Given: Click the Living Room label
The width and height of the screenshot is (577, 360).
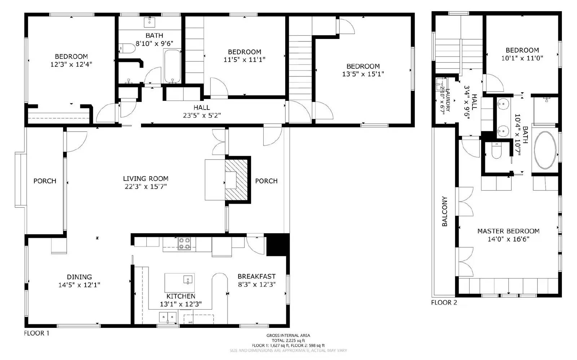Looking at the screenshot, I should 145,179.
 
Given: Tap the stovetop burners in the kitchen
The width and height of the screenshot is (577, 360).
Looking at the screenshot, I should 184,244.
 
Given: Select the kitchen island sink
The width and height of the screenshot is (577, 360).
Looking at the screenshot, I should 188,280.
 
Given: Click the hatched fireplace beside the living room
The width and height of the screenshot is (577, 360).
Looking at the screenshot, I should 237,179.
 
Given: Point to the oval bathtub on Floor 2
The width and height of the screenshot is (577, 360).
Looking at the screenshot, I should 545,150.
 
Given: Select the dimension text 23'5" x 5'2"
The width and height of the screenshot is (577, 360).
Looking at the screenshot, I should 202,115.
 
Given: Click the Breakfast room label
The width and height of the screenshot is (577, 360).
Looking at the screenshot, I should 256,276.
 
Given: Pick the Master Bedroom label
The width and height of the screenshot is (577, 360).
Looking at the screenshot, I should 508,231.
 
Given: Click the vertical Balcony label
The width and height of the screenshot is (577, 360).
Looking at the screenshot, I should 444,211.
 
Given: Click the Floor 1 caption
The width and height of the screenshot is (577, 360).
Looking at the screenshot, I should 36,333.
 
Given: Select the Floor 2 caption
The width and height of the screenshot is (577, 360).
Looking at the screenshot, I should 444,302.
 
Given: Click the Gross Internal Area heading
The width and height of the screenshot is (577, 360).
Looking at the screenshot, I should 288,335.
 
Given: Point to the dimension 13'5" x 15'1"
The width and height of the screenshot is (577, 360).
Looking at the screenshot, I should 363,74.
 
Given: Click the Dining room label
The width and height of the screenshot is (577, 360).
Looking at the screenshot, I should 79,277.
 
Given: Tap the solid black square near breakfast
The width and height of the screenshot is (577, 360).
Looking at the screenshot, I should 278,245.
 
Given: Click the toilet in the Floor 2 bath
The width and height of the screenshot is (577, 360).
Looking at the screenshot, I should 497,152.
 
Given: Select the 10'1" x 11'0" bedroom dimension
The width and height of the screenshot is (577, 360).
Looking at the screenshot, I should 522,58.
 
